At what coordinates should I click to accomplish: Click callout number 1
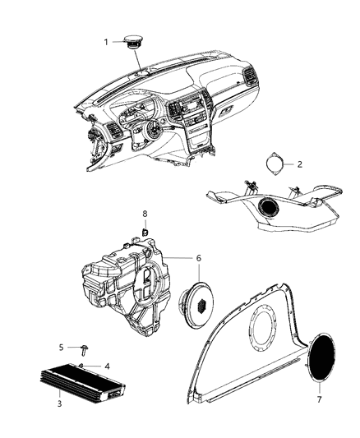tap(105, 40)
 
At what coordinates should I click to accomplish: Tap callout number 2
tap(299, 164)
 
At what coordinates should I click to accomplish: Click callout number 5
tap(60, 347)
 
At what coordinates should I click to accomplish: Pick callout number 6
tap(197, 257)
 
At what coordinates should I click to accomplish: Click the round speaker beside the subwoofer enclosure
tap(196, 305)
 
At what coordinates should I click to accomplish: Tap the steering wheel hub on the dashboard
tap(154, 131)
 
